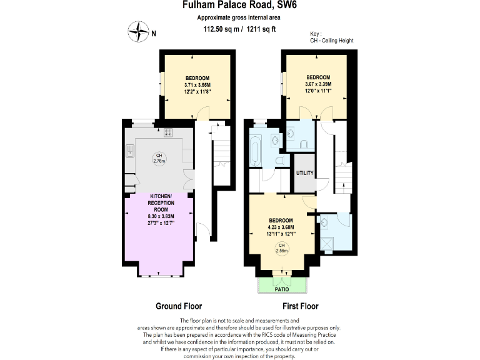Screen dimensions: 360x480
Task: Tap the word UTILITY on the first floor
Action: pos(304,172)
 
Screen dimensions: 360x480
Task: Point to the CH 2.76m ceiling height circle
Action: pos(159,158)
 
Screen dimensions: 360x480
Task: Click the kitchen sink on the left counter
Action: pos(131,149)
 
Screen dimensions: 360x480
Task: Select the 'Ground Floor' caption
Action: pos(177,306)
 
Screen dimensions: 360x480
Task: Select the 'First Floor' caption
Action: pos(300,306)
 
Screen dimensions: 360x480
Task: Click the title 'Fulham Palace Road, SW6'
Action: pos(239,6)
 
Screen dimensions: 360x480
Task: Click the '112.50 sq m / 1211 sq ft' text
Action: pos(239,29)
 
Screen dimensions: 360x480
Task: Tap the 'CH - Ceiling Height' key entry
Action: pos(332,41)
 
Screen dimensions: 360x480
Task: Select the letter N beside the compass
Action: pos(154,34)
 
